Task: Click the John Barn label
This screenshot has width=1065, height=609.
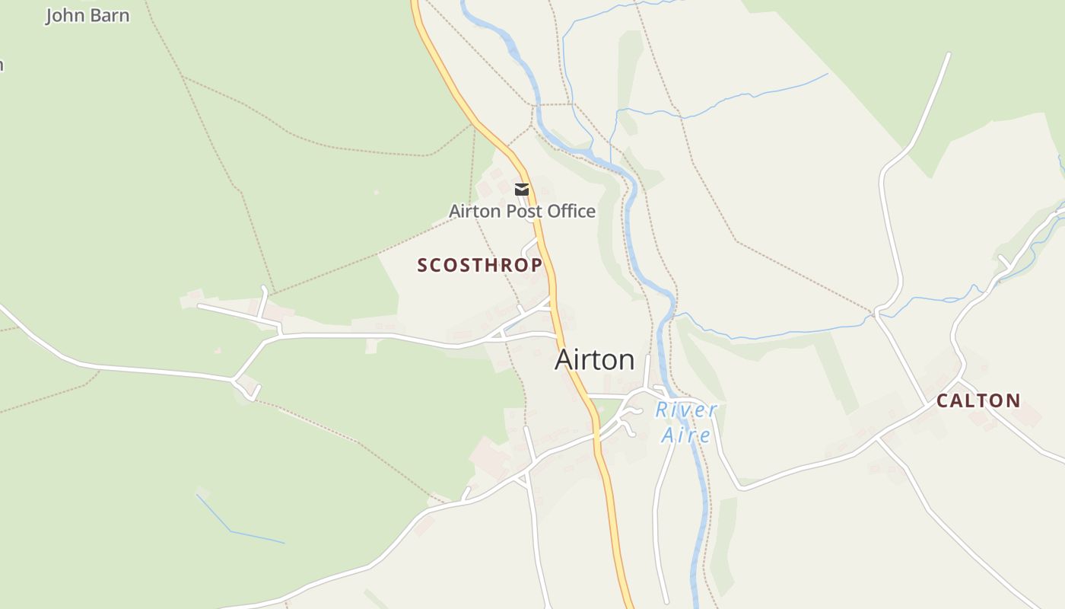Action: click(87, 15)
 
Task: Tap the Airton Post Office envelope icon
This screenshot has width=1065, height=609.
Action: click(522, 189)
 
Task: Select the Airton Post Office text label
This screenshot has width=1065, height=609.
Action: click(522, 211)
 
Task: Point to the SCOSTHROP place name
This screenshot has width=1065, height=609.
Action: click(480, 265)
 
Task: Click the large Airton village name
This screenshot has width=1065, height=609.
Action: click(594, 359)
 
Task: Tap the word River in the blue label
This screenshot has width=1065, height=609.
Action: click(686, 410)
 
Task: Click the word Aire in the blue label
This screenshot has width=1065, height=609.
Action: click(685, 435)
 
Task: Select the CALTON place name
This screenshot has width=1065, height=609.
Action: click(978, 400)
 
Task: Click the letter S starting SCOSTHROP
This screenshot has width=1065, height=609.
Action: click(423, 265)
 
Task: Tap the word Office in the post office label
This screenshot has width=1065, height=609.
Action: click(571, 211)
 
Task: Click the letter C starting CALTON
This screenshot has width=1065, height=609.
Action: click(942, 400)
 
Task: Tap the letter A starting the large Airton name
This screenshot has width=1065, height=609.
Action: click(564, 359)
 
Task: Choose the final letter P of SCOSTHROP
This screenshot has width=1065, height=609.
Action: click(537, 265)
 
